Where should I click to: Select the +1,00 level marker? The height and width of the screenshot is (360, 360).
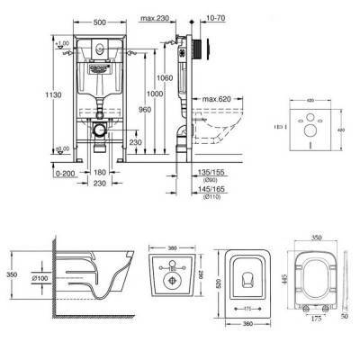coord(62,44)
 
